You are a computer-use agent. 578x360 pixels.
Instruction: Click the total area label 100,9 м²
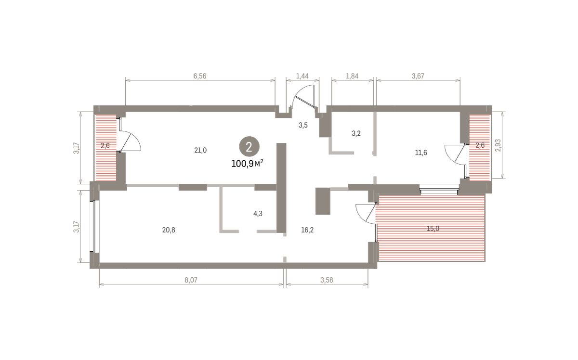click(x=247, y=164)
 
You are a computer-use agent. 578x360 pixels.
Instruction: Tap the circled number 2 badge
click(x=249, y=146)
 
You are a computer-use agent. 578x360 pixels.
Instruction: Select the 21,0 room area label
click(x=200, y=150)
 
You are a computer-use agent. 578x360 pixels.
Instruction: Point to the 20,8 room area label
click(x=169, y=230)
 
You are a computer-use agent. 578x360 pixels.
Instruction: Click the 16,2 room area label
click(x=307, y=230)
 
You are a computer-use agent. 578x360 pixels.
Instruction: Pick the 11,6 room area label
click(x=421, y=153)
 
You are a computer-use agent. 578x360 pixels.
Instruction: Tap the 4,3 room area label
click(x=258, y=214)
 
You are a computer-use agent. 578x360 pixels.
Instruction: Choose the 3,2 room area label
click(x=356, y=133)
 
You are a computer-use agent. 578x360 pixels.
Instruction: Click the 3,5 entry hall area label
click(x=303, y=125)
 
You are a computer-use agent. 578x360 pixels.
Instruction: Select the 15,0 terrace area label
click(x=433, y=229)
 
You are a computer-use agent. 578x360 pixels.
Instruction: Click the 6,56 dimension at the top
click(x=200, y=76)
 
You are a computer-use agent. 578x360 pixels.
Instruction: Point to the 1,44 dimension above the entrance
click(x=302, y=76)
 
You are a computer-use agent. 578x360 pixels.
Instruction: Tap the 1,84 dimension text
click(x=352, y=76)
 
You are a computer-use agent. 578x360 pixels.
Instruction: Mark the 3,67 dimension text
click(x=418, y=76)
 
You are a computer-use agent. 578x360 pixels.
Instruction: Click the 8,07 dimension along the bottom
click(x=191, y=280)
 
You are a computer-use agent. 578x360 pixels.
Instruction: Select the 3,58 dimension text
click(x=327, y=280)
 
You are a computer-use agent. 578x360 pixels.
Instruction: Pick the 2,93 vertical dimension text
click(x=498, y=145)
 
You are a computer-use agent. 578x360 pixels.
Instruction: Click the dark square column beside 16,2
click(x=323, y=201)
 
